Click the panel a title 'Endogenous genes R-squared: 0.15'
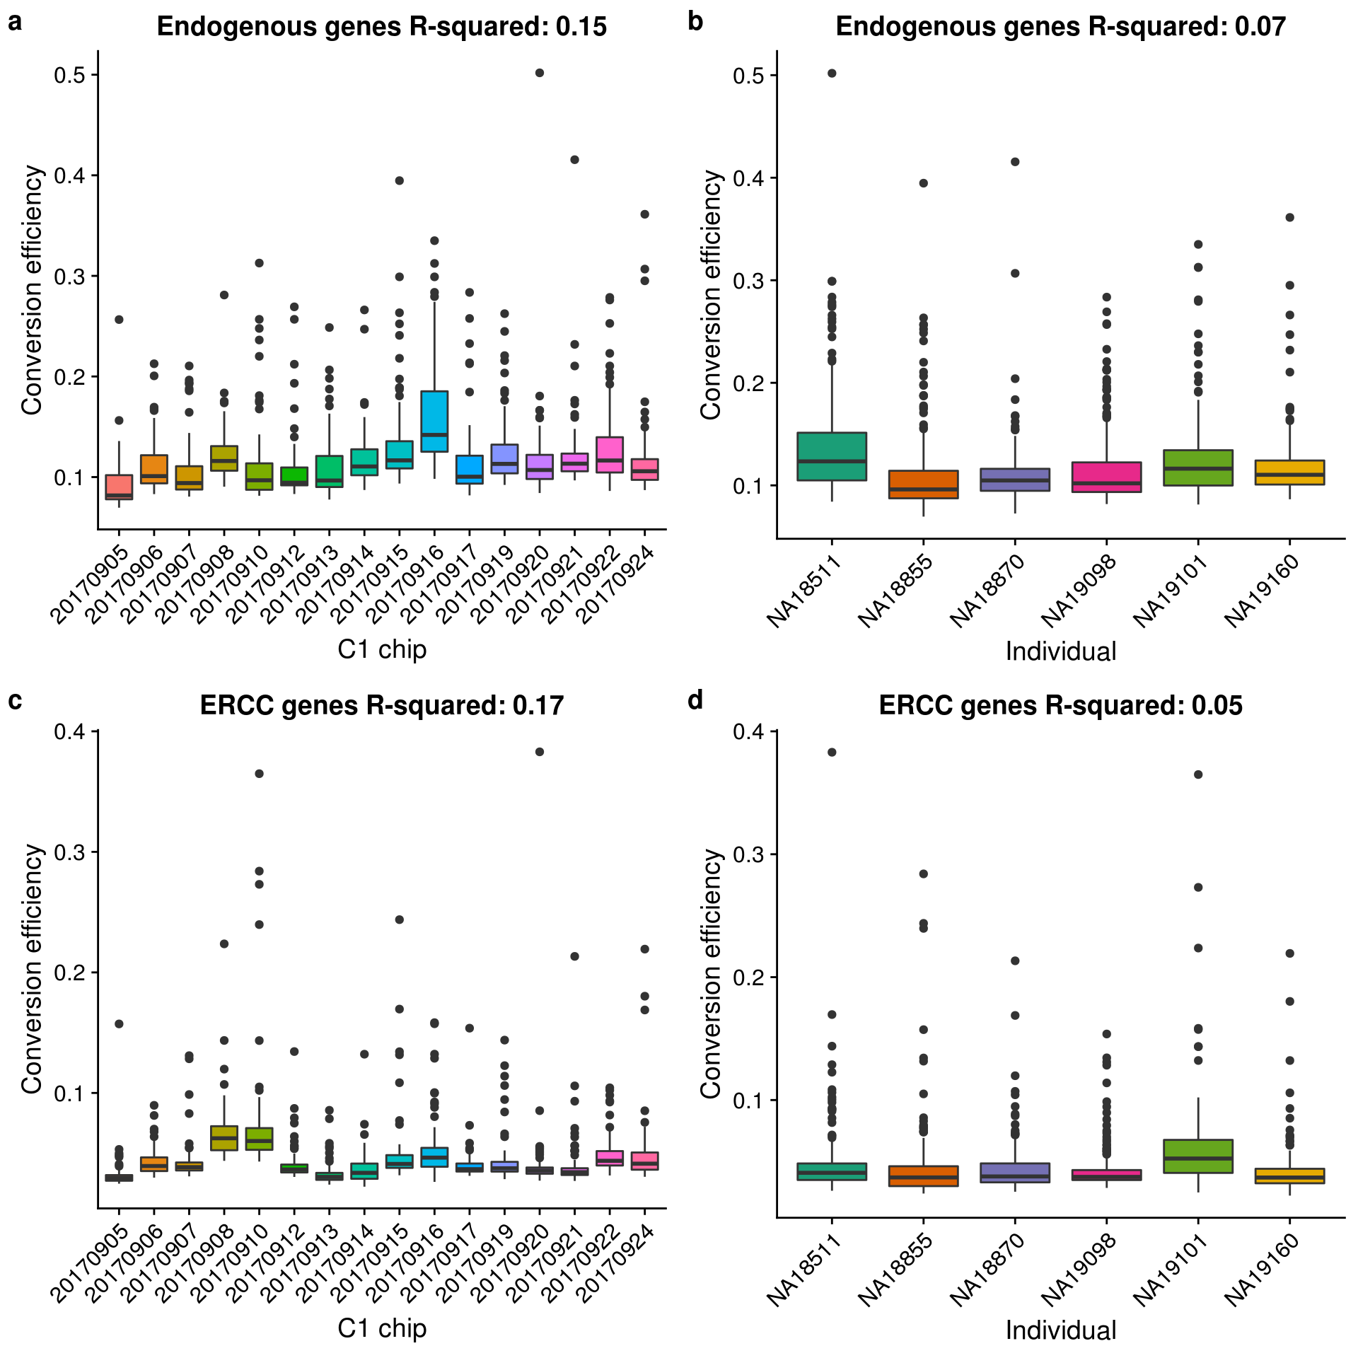tap(381, 27)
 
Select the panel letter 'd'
tap(695, 700)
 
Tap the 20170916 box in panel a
tap(434, 422)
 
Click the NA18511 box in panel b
tap(832, 456)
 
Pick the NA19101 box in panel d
tap(1198, 1156)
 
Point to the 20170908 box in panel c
tap(224, 1137)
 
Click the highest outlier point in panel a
tap(540, 73)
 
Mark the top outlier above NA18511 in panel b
tap(832, 74)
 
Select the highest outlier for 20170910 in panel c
tap(260, 774)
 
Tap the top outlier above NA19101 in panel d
tap(1198, 774)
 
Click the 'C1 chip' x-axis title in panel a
tap(382, 649)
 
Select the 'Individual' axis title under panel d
tap(1061, 1330)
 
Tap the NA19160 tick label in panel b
tap(1264, 592)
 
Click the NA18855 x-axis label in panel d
tap(898, 1271)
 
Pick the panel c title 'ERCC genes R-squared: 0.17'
tap(381, 706)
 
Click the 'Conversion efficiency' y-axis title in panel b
tap(711, 294)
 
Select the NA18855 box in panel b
tap(924, 484)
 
